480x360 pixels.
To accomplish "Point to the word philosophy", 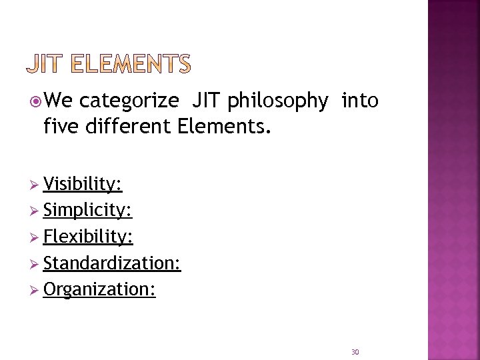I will pos(277,101).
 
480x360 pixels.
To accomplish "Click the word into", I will pos(360,101).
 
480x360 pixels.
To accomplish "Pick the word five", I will pos(62,125).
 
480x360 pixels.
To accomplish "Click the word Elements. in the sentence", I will pos(225,125).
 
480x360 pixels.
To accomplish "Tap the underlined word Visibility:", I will pos(83,184).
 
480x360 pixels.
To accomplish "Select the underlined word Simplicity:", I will pos(87,211).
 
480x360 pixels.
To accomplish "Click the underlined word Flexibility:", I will pos(88,237).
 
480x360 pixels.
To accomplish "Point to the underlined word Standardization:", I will pos(112,263).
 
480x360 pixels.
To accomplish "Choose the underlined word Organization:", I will pos(99,290).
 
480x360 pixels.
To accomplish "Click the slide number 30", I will pos(355,352).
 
